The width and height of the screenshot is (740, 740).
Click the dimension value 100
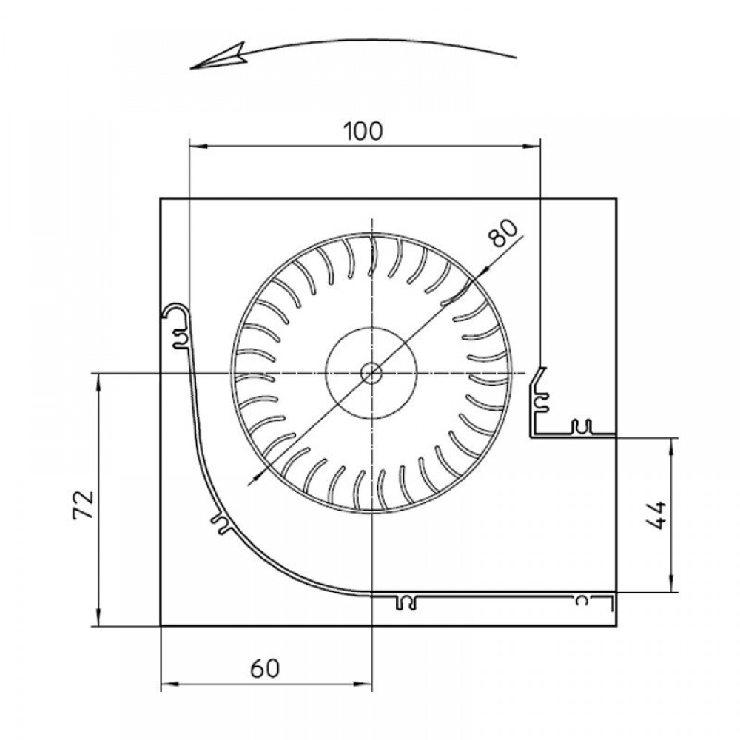coord(363,131)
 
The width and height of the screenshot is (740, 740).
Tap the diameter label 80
coord(504,233)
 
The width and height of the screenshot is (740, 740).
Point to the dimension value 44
coord(656,515)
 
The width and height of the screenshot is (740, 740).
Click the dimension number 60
coord(265,668)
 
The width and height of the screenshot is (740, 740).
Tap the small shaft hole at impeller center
coord(372,373)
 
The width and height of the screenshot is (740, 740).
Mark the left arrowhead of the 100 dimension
coord(198,147)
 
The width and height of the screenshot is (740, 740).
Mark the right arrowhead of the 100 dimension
coord(531,147)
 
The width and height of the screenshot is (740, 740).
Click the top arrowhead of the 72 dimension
coord(98,383)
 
